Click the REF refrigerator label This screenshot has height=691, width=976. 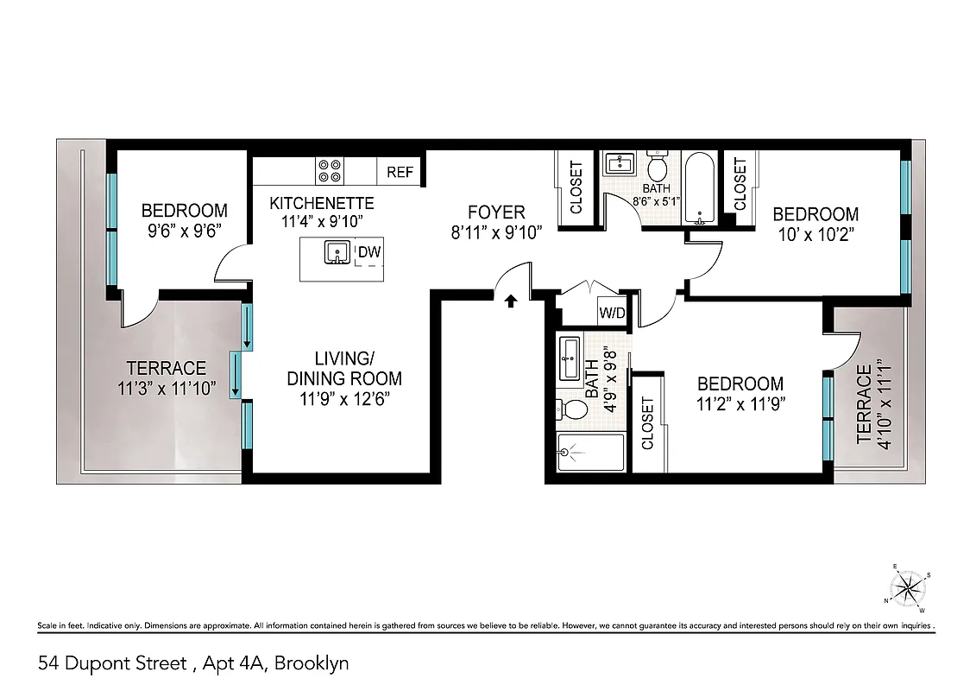tap(400, 172)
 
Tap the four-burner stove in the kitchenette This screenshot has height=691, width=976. tap(328, 170)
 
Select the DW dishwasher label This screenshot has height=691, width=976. tap(368, 252)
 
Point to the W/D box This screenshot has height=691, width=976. tap(612, 313)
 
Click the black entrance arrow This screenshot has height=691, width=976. tap(510, 300)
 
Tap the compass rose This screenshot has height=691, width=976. tap(908, 589)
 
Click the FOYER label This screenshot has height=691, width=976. tap(496, 212)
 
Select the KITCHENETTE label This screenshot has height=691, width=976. tap(321, 203)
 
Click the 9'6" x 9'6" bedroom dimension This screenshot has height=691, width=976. tap(184, 231)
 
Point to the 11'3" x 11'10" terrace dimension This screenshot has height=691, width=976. tap(167, 388)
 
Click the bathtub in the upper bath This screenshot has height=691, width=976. tap(697, 189)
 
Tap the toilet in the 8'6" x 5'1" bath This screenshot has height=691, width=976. tap(658, 163)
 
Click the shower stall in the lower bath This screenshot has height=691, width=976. tap(589, 453)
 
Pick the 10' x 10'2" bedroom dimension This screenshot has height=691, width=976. tap(815, 233)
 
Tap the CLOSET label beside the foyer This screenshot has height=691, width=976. tap(576, 188)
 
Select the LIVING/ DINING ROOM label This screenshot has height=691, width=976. tap(344, 369)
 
